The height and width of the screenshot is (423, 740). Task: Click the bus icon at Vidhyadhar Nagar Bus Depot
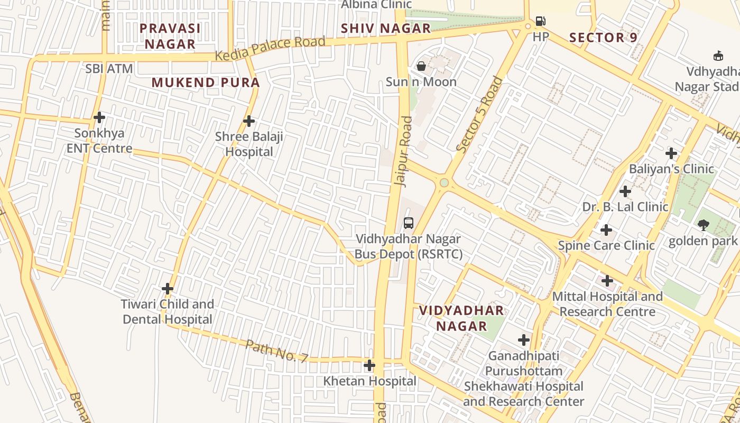coord(408,223)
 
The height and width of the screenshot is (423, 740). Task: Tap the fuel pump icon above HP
coord(540,21)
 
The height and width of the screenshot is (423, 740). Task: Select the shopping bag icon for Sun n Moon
coord(421,66)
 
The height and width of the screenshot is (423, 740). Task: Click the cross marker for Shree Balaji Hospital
coord(248,121)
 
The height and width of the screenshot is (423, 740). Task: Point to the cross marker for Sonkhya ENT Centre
coord(99,117)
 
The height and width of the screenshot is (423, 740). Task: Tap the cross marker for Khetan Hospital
coord(369,365)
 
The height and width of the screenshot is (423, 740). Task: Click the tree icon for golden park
coord(703,225)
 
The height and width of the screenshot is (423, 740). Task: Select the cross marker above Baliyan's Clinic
coord(671,153)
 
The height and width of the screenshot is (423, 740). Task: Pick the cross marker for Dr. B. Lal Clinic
coord(625,191)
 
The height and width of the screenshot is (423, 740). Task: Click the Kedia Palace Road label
coord(270,48)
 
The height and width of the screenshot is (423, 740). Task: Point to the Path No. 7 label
coord(276,351)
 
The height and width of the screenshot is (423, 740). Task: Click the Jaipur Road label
coord(403,151)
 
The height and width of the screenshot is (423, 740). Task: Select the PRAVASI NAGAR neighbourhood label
coord(170,36)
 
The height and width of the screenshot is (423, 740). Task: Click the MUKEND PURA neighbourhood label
coord(206,82)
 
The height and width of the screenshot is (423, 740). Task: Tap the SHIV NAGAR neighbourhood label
coord(386,29)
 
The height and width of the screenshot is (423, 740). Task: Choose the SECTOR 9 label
coord(603,38)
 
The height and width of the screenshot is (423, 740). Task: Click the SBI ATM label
coord(109,69)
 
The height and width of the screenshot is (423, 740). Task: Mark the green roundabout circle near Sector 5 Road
coord(444,182)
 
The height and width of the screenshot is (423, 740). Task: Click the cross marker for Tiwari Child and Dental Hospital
coord(168,289)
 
